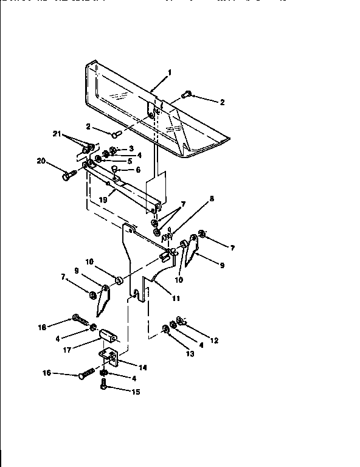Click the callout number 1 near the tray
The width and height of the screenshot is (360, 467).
point(170,72)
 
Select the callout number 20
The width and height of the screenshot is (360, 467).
point(41,161)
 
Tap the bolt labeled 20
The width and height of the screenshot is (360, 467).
point(67,176)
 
